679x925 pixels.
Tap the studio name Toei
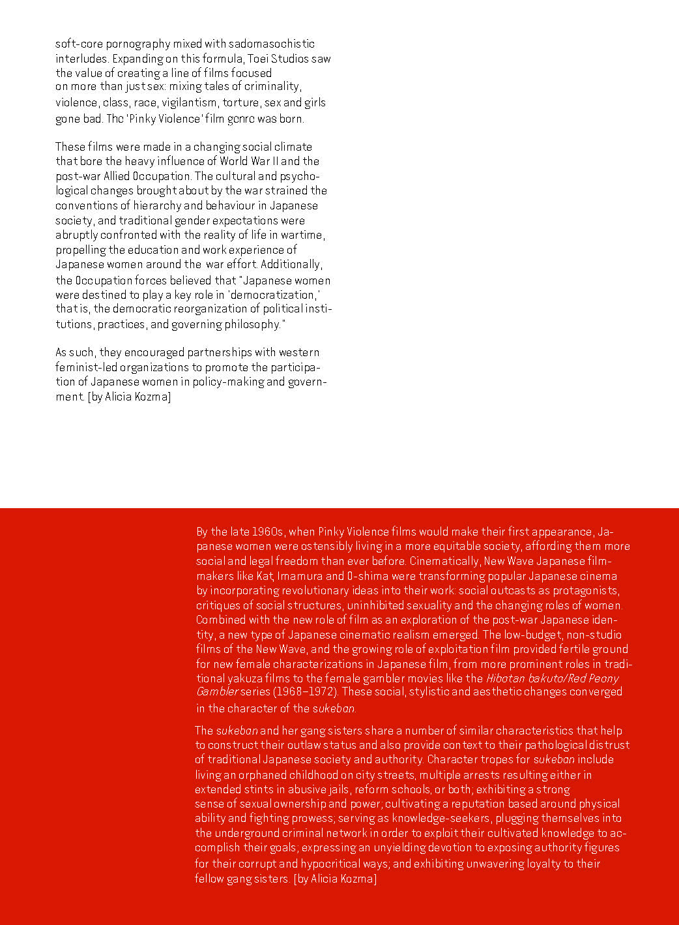click(x=258, y=59)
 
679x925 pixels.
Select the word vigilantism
click(x=189, y=102)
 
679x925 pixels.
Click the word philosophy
click(x=255, y=324)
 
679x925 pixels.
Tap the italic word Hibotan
click(x=506, y=678)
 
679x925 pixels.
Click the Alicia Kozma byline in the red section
click(x=335, y=879)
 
